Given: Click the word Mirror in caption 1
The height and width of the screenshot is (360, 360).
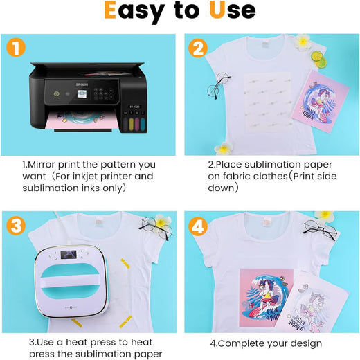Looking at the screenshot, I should pos(44,165).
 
